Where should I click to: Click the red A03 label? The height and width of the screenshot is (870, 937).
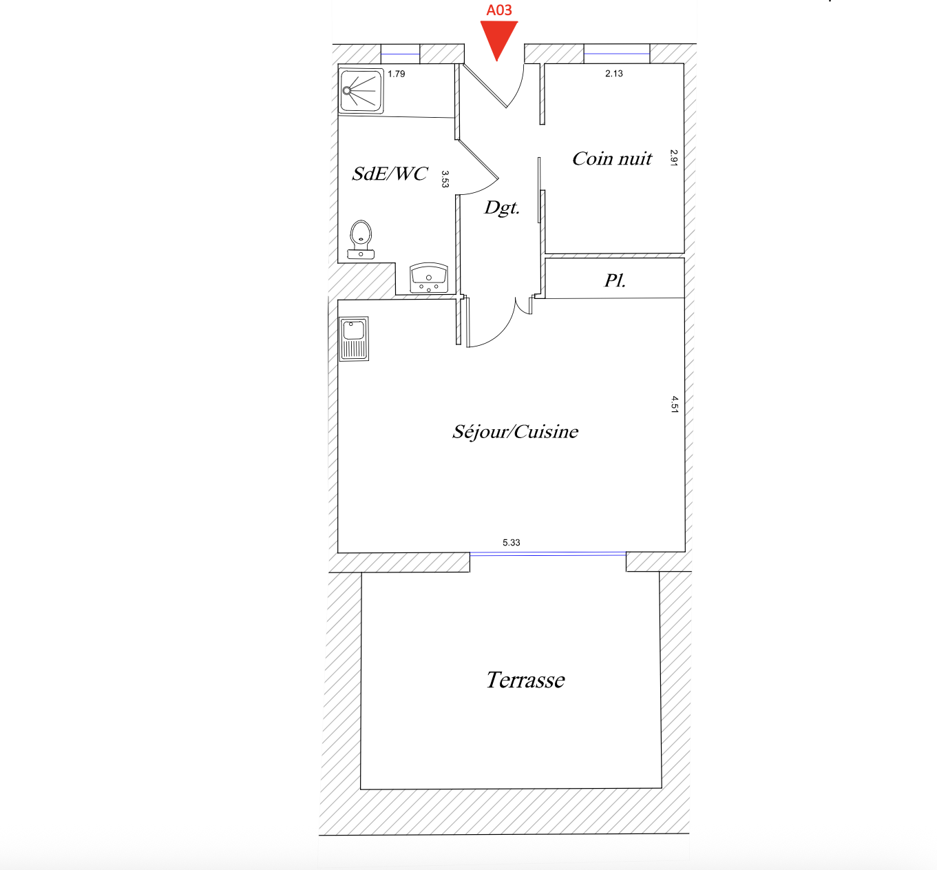click(x=498, y=10)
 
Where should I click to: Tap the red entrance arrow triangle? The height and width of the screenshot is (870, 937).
click(x=498, y=38)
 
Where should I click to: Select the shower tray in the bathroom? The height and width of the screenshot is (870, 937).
click(x=361, y=91)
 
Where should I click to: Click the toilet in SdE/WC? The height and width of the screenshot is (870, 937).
click(x=361, y=239)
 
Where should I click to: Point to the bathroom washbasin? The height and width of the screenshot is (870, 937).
click(x=428, y=278)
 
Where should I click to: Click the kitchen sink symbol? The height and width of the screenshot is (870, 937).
click(x=354, y=338)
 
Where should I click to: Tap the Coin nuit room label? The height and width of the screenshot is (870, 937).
click(x=612, y=158)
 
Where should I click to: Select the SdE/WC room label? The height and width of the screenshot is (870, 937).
click(x=390, y=174)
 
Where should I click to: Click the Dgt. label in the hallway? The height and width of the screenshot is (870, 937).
click(x=502, y=208)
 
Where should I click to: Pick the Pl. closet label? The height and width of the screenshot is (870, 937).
click(x=615, y=280)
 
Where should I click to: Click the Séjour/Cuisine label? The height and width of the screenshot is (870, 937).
click(x=515, y=431)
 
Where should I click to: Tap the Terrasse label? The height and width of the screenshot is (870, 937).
click(x=525, y=680)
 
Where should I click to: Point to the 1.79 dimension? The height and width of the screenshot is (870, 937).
click(x=397, y=74)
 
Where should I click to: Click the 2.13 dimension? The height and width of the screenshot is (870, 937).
click(x=614, y=73)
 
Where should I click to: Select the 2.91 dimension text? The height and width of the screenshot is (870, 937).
click(x=674, y=158)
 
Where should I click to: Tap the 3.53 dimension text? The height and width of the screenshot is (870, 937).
click(x=445, y=179)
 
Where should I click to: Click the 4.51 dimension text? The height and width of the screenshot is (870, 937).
click(x=675, y=404)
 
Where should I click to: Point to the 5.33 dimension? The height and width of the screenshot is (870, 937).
click(x=511, y=542)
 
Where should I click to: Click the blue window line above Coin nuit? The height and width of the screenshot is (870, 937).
click(x=617, y=54)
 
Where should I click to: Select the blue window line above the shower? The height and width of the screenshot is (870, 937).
click(x=400, y=54)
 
